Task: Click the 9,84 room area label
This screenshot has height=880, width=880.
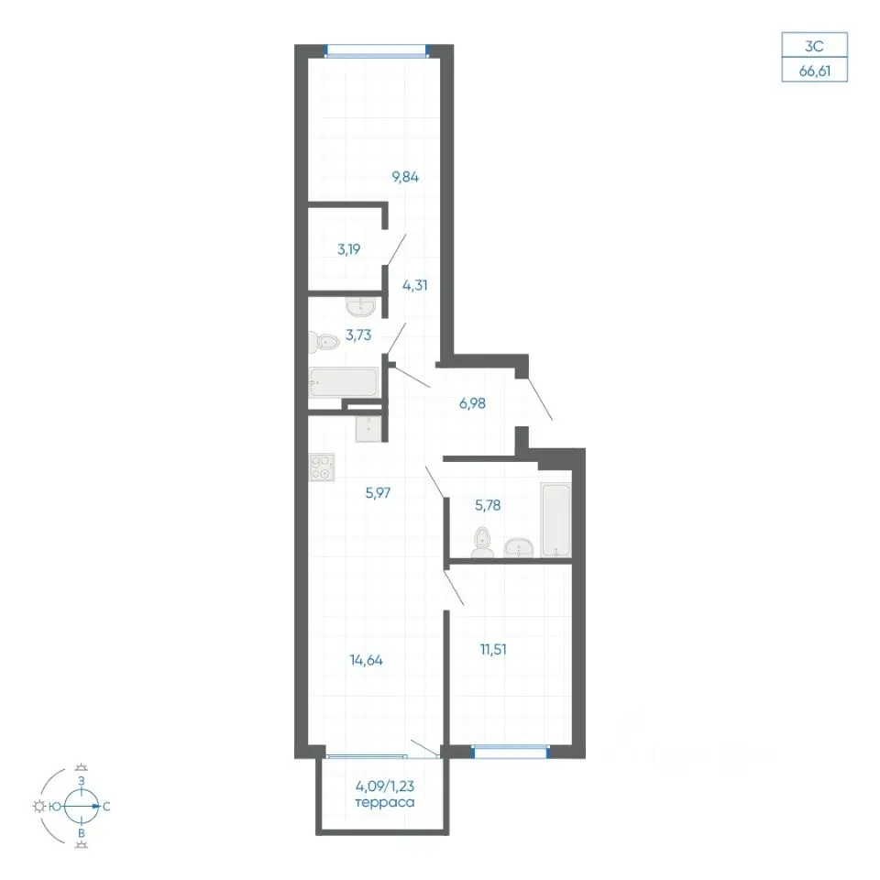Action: coord(405,177)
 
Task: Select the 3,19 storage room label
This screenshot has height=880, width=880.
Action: coord(348,249)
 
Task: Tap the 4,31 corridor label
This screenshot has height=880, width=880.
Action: coord(414,285)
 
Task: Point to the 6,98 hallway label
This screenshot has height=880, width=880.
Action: coord(472,403)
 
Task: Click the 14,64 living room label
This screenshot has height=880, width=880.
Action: coord(366,660)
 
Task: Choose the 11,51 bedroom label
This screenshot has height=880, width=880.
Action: coord(493,649)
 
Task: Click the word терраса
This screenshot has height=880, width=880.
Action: coord(385,803)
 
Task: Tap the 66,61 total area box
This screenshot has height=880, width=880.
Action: coord(814,71)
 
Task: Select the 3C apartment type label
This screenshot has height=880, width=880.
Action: coord(814,46)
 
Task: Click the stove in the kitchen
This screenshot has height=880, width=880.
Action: coord(322,467)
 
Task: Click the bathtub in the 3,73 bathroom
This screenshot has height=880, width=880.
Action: coord(344,382)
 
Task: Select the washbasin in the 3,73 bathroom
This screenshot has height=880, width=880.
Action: coord(360,307)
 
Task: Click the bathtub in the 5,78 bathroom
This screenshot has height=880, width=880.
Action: coord(555,520)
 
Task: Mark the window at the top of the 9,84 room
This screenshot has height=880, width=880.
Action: coord(377,51)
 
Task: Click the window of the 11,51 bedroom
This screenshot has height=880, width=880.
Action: coord(511,752)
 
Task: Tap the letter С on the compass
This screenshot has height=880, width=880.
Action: coord(106,807)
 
